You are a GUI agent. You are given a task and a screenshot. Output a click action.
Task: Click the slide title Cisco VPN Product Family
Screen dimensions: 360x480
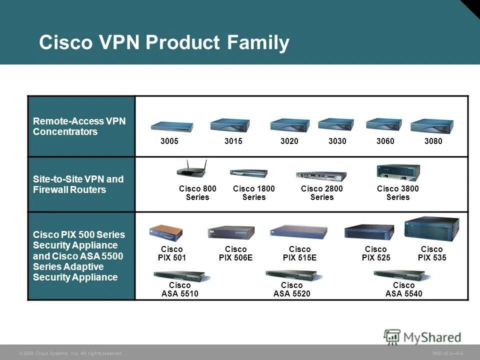tap(164, 42)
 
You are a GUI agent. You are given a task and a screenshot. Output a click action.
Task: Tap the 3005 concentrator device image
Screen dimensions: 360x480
tap(172, 126)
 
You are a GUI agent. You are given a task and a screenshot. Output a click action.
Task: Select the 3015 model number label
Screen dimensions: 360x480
tap(233, 141)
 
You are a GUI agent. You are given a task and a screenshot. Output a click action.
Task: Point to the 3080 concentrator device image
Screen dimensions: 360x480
tap(431, 125)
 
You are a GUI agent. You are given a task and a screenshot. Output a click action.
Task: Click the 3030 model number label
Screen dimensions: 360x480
tap(337, 141)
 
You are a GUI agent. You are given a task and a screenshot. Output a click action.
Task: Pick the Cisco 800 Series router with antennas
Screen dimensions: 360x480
tap(190, 169)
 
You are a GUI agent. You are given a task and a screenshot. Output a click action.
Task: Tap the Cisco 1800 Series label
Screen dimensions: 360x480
tap(254, 193)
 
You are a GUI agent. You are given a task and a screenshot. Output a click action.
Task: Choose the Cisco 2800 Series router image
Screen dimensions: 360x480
tap(321, 174)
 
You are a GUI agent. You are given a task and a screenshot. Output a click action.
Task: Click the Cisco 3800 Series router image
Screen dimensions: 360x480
tap(398, 172)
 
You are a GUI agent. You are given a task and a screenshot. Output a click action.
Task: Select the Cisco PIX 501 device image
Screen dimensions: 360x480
tap(165, 232)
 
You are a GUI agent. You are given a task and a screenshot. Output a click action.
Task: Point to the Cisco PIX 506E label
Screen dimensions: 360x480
tap(236, 253)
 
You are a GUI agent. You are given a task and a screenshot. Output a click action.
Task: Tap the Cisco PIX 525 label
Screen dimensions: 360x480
tap(376, 253)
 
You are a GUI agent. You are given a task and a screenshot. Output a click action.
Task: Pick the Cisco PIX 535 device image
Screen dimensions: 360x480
tap(431, 229)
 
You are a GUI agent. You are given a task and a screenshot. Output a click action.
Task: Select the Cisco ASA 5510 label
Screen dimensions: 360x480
tap(180, 289)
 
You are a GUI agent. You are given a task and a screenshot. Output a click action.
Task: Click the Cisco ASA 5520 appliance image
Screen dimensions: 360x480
tap(291, 274)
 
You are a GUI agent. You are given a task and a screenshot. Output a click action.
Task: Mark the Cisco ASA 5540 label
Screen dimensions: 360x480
tap(404, 289)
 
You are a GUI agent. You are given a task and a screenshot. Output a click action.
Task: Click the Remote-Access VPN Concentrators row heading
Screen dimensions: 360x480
tap(79, 126)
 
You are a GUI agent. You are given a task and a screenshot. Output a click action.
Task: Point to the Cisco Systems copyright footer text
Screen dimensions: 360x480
tap(70, 353)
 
